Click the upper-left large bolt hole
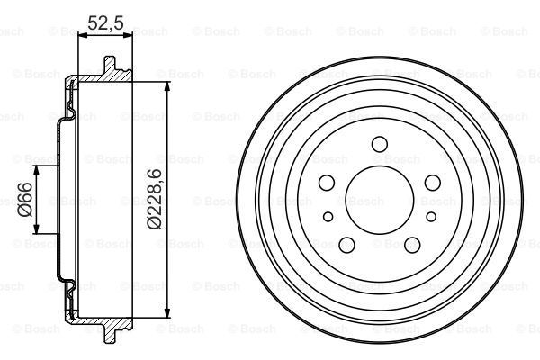click(x=328, y=184)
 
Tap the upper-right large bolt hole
click(x=433, y=184)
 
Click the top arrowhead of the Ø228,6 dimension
click(x=168, y=84)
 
